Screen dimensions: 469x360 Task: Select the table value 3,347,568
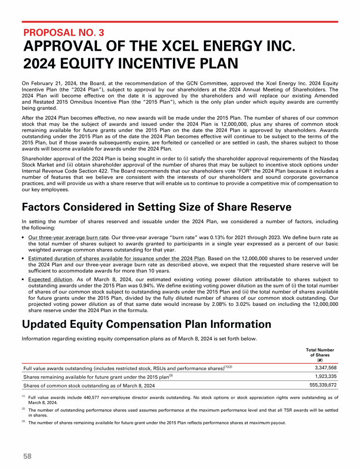[x=323, y=367]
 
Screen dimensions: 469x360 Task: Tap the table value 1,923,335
[x=323, y=376]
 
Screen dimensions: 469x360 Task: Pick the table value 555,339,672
[x=320, y=385]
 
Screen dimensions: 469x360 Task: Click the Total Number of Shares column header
[x=320, y=355]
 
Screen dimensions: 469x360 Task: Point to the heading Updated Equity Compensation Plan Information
[x=147, y=324]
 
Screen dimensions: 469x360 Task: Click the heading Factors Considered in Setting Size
[x=157, y=207]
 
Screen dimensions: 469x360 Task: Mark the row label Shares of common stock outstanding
[x=89, y=386]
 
